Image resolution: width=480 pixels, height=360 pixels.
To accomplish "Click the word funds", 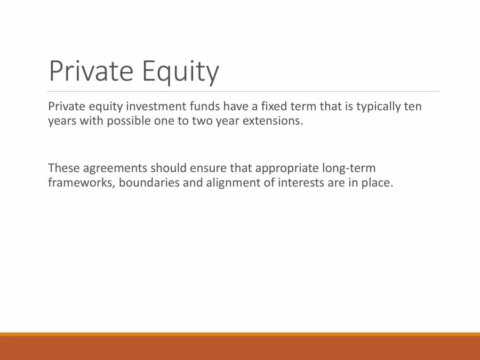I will click(x=201, y=106).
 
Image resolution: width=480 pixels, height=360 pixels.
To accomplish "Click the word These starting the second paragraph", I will click(x=63, y=169).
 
